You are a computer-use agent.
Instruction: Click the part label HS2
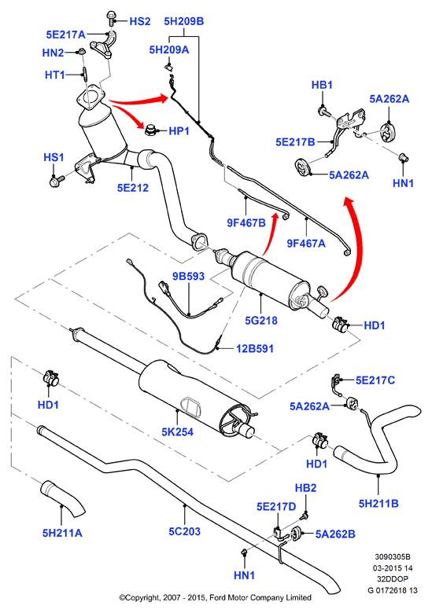[140, 21]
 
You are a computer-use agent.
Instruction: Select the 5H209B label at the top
[184, 21]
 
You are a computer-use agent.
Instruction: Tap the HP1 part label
[179, 131]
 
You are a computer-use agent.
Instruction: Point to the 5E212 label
[133, 188]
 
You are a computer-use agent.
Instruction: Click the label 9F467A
[306, 244]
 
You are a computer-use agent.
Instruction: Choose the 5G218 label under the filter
[261, 321]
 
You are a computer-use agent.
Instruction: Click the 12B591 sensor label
[255, 348]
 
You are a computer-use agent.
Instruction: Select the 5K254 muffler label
[178, 432]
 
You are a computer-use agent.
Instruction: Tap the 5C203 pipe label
[184, 531]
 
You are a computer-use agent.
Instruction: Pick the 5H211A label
[62, 533]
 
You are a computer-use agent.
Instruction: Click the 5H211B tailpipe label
[378, 504]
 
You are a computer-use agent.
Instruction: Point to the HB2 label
[305, 488]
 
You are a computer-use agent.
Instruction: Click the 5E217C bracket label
[375, 380]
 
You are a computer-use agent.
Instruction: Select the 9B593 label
[188, 277]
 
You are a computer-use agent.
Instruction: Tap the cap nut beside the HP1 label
[150, 130]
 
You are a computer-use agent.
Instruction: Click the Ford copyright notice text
[216, 598]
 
